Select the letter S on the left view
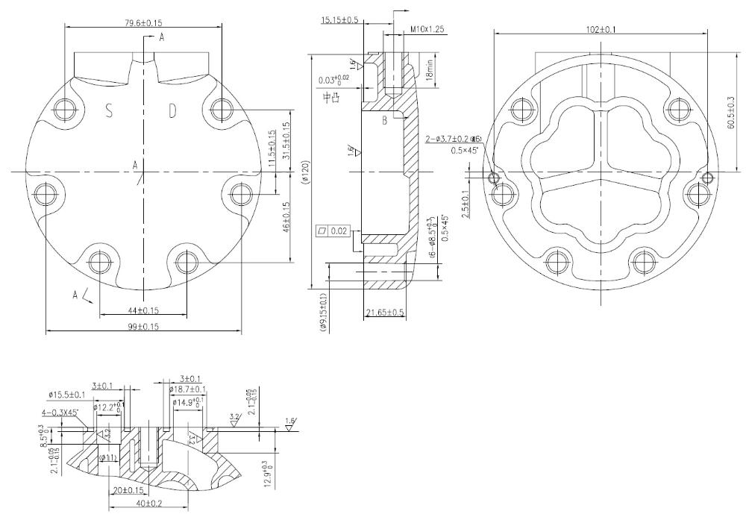[x=110, y=112]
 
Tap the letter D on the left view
[x=172, y=112]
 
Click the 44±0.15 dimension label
[x=144, y=310]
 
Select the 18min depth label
[x=430, y=71]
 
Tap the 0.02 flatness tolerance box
[x=333, y=231]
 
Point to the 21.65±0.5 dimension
[x=386, y=313]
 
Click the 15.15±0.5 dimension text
[x=339, y=19]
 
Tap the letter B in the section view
[x=383, y=121]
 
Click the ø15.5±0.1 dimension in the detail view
[x=66, y=394]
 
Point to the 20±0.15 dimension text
[x=130, y=491]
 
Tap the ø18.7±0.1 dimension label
[x=187, y=389]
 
